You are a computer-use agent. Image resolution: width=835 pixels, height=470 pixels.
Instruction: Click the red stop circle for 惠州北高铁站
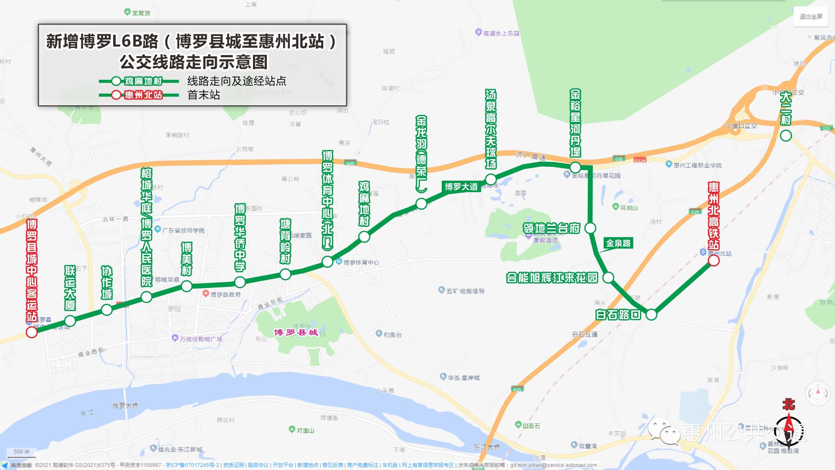714,261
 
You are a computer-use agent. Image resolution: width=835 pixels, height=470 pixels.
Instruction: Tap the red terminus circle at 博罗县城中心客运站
32,332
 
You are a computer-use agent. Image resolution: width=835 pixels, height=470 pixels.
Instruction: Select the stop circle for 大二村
786,135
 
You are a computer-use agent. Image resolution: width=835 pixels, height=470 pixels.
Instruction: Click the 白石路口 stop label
618,315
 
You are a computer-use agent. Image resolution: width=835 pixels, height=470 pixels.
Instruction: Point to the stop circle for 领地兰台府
590,228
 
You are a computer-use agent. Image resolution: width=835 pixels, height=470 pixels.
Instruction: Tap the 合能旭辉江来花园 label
552,278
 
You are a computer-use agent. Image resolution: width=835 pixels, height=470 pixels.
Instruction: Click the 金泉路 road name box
618,243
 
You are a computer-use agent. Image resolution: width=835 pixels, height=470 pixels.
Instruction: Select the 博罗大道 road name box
461,187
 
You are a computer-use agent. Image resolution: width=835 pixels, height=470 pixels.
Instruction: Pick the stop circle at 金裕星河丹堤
575,168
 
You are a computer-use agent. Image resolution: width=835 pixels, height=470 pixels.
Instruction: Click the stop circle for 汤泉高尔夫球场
491,180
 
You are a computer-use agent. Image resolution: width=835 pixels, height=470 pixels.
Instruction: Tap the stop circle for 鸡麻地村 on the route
364,237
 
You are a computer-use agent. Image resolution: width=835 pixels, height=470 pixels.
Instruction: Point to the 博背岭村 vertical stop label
285,241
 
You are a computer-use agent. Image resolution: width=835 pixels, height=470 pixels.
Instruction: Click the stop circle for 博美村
187,286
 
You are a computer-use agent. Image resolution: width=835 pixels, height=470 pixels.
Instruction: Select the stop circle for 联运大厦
70,321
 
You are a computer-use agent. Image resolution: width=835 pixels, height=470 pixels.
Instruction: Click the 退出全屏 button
811,17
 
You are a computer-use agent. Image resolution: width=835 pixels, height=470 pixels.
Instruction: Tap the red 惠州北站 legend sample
143,95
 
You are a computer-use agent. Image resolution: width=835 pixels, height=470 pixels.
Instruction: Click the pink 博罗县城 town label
296,333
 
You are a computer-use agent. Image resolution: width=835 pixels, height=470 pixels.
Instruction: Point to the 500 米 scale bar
22,452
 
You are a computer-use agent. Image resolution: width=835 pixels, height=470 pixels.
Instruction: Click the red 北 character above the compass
789,404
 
